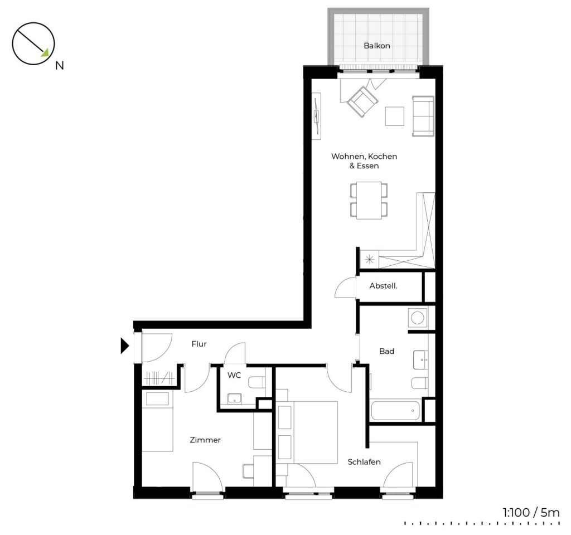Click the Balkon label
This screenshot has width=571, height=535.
tap(377, 46)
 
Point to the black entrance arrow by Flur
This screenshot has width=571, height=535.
tap(125, 346)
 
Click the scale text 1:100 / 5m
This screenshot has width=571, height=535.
tap(531, 513)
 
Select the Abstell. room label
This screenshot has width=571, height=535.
tap(383, 286)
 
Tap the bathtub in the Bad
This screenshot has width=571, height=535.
tap(395, 410)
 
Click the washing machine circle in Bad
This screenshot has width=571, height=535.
tap(417, 317)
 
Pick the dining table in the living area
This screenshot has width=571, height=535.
tap(369, 200)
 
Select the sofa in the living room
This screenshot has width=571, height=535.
tap(423, 116)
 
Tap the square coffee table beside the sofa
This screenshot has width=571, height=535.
tap(395, 116)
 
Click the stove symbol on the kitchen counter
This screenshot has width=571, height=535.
tap(370, 260)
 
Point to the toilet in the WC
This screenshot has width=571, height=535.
tap(257, 382)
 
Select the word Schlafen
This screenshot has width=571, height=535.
tap(364, 462)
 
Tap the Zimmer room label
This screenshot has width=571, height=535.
tap(205, 440)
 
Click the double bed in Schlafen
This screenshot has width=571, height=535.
tap(308, 432)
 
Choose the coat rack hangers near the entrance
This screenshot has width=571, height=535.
tap(159, 377)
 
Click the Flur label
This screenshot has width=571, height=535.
tap(199, 344)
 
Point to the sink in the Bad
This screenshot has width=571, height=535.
tap(421, 360)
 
